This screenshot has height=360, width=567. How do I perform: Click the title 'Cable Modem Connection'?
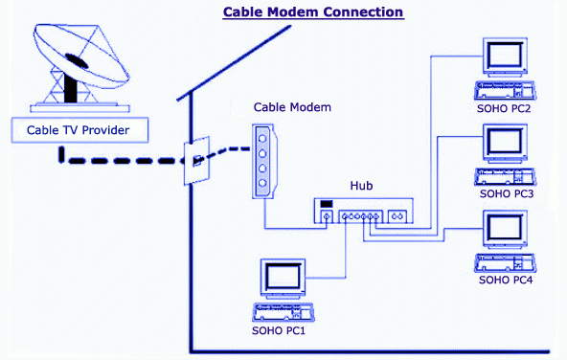[x=312, y=12]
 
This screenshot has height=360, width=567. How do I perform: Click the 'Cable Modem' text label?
[x=292, y=107]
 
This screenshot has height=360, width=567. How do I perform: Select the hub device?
[x=365, y=212]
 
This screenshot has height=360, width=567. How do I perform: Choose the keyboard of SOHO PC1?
[x=287, y=311]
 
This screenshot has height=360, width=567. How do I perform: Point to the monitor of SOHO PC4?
[x=505, y=229]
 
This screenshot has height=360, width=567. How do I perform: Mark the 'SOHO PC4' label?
[x=506, y=280]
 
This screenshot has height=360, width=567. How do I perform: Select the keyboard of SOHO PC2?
[x=505, y=92]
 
